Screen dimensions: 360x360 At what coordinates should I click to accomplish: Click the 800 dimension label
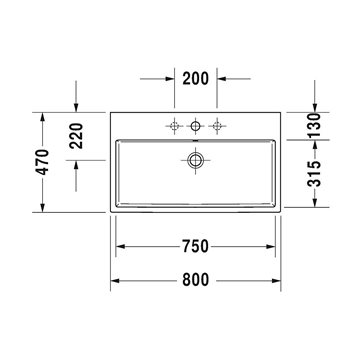click(x=195, y=280)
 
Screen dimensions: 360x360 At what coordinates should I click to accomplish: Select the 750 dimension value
click(x=195, y=246)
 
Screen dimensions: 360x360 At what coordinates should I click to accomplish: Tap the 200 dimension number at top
click(x=195, y=79)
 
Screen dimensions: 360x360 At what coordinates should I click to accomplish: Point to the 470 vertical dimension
click(x=43, y=162)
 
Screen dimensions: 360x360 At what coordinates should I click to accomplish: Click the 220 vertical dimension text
click(x=76, y=136)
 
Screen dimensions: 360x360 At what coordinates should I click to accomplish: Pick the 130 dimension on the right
click(x=314, y=125)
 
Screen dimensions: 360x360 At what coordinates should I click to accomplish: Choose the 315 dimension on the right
click(x=314, y=174)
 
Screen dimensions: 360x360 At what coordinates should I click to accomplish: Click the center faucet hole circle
click(x=195, y=126)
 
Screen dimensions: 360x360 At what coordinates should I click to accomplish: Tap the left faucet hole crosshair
click(x=174, y=126)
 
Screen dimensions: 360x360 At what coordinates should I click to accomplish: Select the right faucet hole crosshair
click(x=217, y=126)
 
